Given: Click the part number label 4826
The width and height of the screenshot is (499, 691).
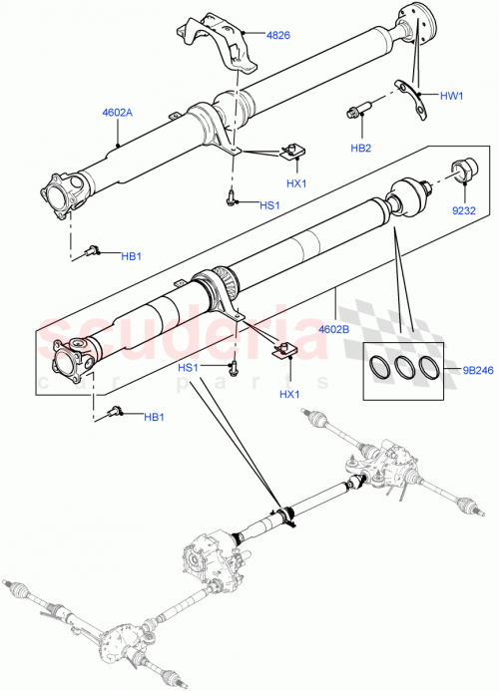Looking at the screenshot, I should pos(278,36).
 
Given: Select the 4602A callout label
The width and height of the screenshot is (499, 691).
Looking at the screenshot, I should pos(119,114).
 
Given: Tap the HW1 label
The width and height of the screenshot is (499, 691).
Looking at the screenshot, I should pos(453,96).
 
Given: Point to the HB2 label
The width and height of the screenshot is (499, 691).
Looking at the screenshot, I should pos(360,148).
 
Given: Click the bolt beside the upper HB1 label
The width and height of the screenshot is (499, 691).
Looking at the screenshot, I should pos(93,249).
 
